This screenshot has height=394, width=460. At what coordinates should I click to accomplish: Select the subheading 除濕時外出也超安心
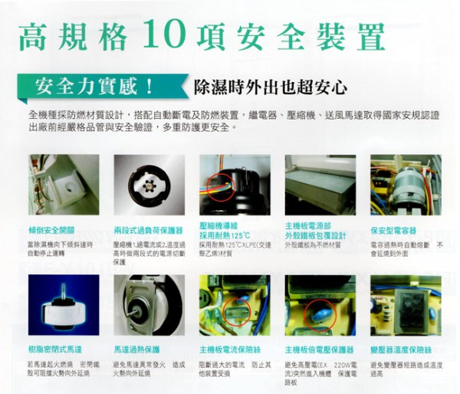click(x=271, y=85)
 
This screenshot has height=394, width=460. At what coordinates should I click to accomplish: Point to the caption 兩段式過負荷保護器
click(x=147, y=229)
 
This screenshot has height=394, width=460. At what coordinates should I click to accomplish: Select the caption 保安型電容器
click(x=393, y=229)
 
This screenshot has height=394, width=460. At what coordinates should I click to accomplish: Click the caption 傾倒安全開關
click(x=51, y=229)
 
